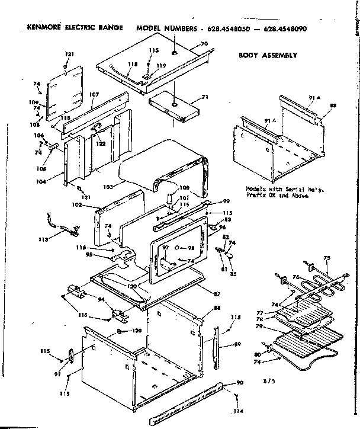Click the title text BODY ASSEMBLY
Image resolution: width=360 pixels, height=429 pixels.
(268, 56)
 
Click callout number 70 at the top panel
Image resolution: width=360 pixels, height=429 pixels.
(204, 44)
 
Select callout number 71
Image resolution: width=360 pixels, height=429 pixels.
(205, 96)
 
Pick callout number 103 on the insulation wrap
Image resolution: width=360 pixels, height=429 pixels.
(107, 186)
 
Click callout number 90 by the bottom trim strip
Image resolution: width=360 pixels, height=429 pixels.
(240, 382)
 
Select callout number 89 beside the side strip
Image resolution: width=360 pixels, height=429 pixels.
(237, 344)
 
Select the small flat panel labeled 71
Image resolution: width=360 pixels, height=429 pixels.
(173, 107)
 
